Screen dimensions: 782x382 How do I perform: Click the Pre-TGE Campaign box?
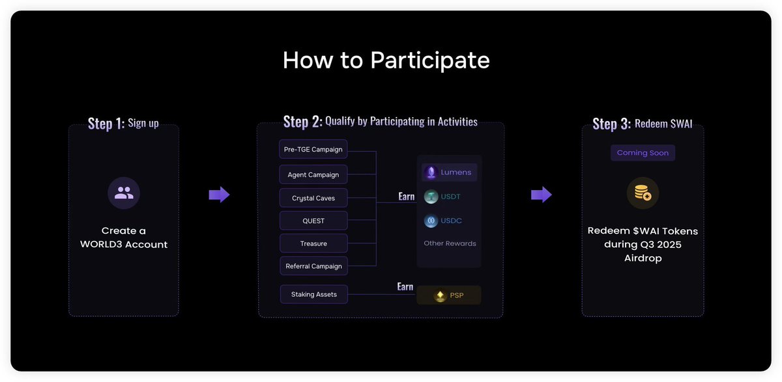click(x=313, y=149)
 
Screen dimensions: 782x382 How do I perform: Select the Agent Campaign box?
click(x=313, y=174)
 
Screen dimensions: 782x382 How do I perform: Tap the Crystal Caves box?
click(x=313, y=198)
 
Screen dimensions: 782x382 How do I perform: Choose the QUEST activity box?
click(x=313, y=220)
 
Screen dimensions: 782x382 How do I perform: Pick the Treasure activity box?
click(x=313, y=243)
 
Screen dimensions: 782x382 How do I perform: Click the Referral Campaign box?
click(x=313, y=266)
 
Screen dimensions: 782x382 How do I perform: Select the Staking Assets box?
click(x=314, y=294)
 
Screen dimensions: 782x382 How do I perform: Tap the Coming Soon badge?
click(x=643, y=153)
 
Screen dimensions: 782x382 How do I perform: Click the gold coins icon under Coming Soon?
click(x=643, y=193)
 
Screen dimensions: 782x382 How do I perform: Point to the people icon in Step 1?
click(x=124, y=193)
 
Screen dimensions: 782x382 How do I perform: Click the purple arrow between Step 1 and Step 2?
click(x=219, y=195)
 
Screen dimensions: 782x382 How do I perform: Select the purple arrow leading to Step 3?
click(x=542, y=195)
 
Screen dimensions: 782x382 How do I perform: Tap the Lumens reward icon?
click(x=431, y=172)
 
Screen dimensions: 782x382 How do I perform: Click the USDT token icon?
click(x=431, y=197)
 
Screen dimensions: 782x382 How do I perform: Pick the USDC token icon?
click(x=431, y=221)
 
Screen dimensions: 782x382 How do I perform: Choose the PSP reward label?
click(x=457, y=295)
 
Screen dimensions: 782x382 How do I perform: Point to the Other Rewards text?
click(x=450, y=243)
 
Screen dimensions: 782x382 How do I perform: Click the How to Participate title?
click(x=386, y=60)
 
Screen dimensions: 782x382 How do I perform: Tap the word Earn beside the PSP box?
click(x=405, y=286)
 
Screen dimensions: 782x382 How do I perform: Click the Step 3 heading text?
click(x=643, y=124)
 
